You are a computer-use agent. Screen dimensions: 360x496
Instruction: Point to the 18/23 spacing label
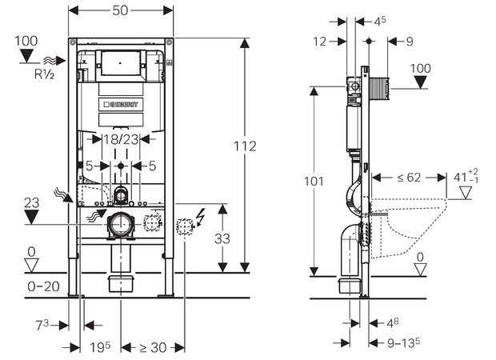pyautogui.click(x=121, y=139)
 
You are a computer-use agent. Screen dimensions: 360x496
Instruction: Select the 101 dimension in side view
pyautogui.click(x=314, y=181)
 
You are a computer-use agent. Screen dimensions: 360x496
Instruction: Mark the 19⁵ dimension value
pyautogui.click(x=99, y=347)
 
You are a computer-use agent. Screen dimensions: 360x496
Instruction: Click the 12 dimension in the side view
pyautogui.click(x=321, y=41)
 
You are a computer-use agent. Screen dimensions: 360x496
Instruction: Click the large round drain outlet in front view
pyautogui.click(x=120, y=226)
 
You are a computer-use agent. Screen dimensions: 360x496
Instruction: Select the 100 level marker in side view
pyautogui.click(x=421, y=68)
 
